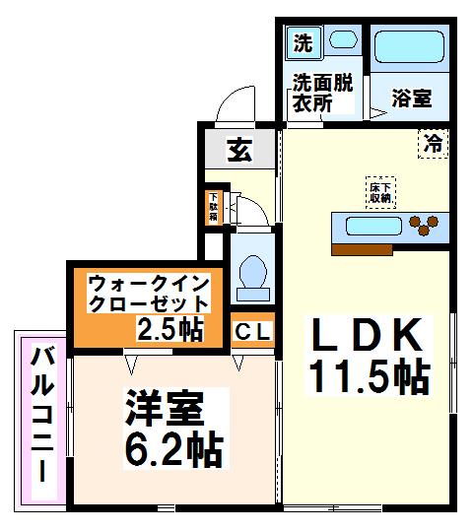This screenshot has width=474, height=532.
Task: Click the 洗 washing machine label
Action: [x=304, y=43]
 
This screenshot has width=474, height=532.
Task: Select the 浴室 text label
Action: [x=411, y=99]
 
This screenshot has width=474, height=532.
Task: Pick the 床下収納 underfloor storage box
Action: [x=381, y=191]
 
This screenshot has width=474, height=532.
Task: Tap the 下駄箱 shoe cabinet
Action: [x=213, y=207]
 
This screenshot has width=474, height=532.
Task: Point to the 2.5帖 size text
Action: [x=169, y=328]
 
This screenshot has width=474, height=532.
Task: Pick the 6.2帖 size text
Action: [x=173, y=449]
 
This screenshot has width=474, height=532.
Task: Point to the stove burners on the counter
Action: [x=422, y=225]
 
